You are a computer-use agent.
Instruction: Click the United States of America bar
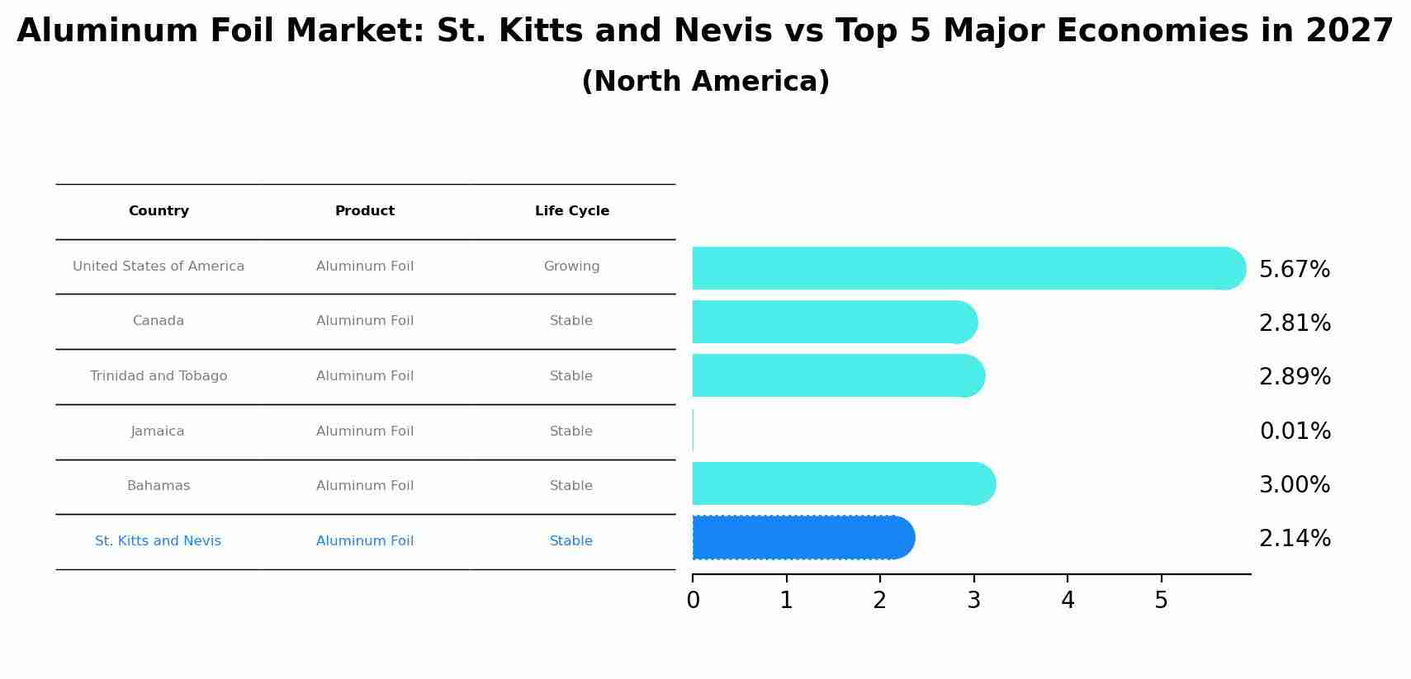966,268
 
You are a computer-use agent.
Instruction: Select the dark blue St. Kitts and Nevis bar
801,538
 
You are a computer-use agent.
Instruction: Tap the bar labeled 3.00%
842,483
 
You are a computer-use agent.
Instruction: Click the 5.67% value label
1294,270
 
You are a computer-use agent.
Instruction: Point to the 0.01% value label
1295,431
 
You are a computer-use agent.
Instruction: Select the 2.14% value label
1295,539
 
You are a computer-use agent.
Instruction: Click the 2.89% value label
1295,377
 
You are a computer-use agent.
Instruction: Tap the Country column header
159,211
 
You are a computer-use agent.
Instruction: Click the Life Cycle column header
571,211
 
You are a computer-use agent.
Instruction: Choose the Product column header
364,211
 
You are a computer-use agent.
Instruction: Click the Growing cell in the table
571,266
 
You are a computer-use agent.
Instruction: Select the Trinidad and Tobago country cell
159,376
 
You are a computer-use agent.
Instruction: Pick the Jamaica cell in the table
158,431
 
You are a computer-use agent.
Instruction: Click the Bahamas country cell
159,486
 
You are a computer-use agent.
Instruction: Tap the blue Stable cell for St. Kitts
571,541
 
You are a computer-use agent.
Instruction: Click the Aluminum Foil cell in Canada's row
364,321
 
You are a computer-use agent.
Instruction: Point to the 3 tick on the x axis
973,601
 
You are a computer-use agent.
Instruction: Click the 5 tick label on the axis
1161,601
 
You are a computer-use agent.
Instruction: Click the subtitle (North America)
705,82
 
